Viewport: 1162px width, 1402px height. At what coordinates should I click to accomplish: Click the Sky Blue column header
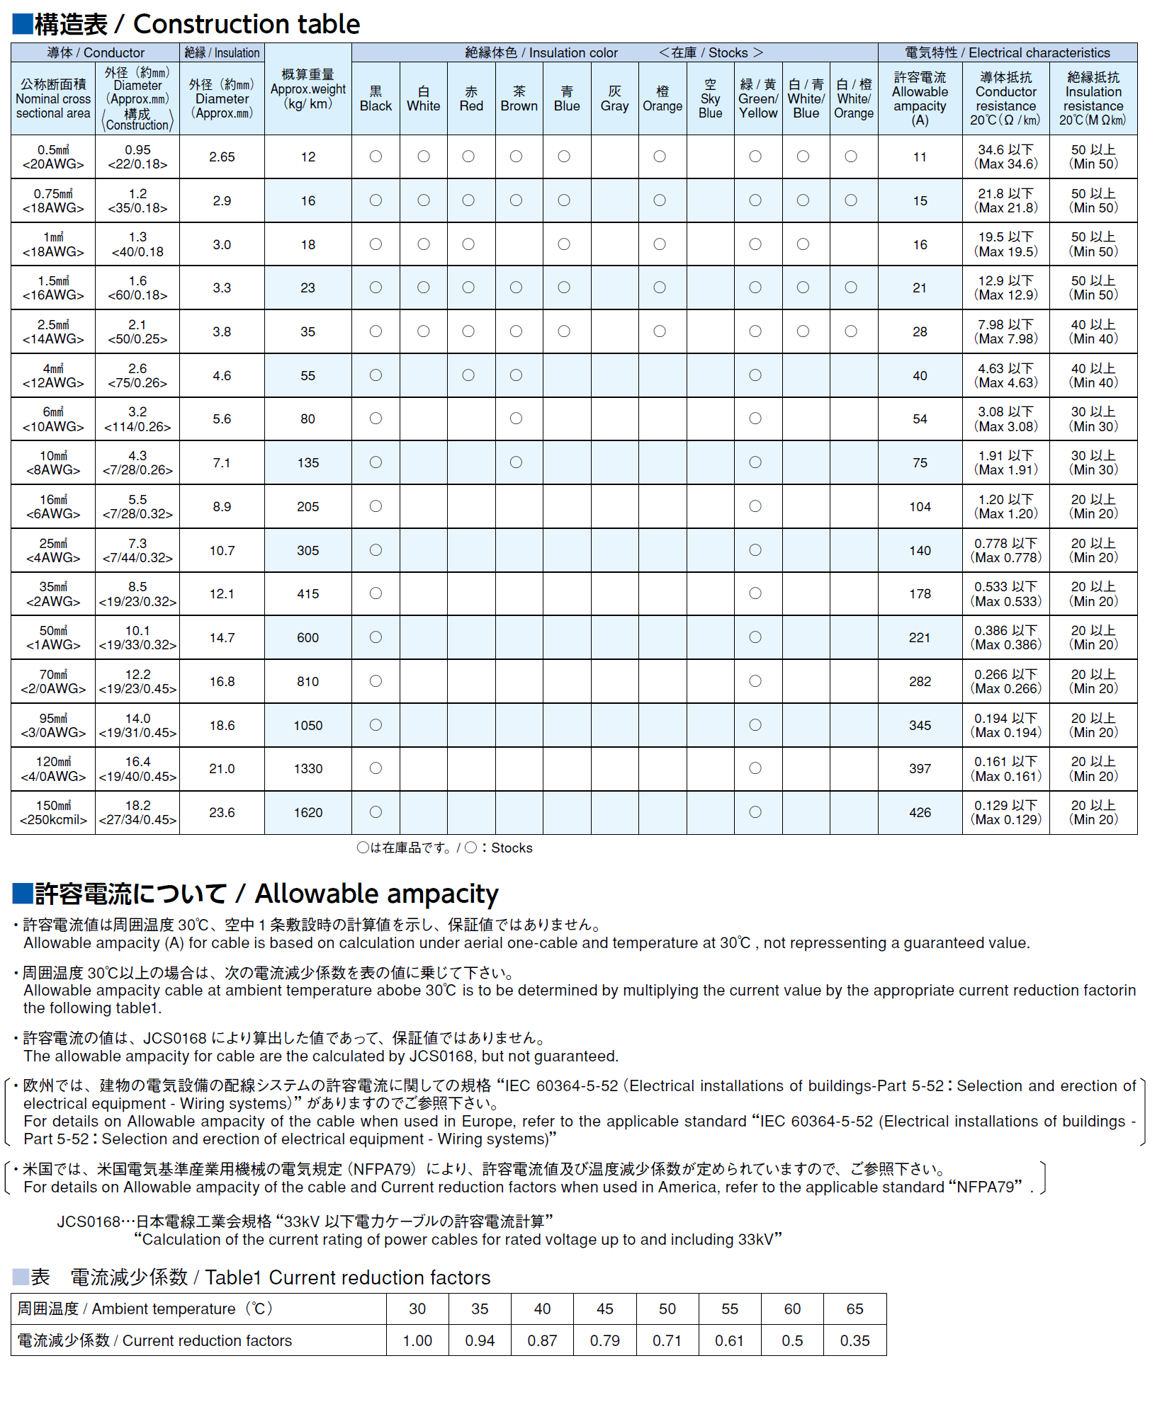click(710, 98)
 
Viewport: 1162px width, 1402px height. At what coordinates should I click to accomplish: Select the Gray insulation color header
click(614, 98)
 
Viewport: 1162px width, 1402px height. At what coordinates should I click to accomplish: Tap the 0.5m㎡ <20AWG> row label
click(53, 157)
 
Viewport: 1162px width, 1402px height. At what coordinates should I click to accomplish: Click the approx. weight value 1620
click(308, 813)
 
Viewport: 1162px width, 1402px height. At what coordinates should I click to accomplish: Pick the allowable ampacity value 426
click(920, 813)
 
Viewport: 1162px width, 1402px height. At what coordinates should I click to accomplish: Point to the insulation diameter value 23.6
click(222, 813)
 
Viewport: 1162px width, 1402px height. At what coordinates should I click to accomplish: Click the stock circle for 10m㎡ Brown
click(517, 462)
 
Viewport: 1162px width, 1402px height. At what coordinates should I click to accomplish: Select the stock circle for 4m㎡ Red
click(468, 375)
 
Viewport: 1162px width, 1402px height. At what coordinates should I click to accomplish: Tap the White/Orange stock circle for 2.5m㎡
click(851, 331)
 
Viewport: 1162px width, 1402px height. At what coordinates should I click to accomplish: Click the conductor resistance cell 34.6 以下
click(1006, 157)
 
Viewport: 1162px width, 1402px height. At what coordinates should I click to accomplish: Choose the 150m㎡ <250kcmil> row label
click(53, 813)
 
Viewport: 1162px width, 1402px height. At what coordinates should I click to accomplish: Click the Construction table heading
click(186, 25)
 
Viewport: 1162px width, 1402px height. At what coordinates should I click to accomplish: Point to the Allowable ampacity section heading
click(255, 894)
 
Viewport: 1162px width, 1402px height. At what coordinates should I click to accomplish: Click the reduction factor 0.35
click(854, 1340)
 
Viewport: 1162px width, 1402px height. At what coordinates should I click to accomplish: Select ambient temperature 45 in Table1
click(604, 1309)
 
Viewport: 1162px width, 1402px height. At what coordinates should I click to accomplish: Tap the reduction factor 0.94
click(480, 1340)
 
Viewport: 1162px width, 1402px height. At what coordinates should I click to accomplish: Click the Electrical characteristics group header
click(1007, 53)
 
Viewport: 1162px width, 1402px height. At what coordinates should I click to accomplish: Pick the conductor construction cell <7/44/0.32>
click(137, 558)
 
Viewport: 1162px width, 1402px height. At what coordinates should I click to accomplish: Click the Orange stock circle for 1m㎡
click(660, 244)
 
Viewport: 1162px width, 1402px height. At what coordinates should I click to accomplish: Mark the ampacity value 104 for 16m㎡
click(920, 507)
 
